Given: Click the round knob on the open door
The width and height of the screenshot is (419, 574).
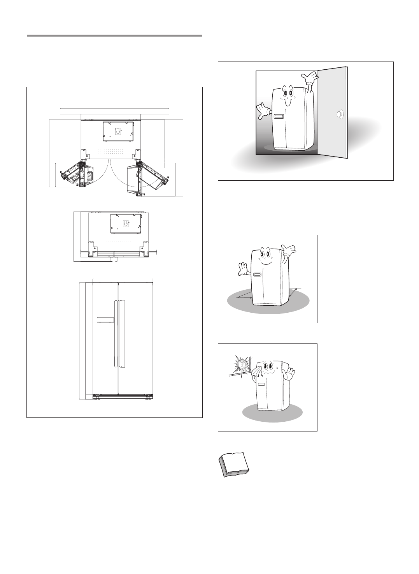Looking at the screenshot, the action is [340, 114].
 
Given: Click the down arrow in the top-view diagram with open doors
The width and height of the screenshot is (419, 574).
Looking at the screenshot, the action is [119, 131].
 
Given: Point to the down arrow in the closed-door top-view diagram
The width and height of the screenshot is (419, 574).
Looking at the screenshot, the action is [126, 224].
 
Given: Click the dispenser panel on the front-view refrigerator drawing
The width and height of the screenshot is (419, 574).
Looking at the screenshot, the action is [105, 320].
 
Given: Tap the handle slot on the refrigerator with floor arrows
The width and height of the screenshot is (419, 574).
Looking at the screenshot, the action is [257, 275].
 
